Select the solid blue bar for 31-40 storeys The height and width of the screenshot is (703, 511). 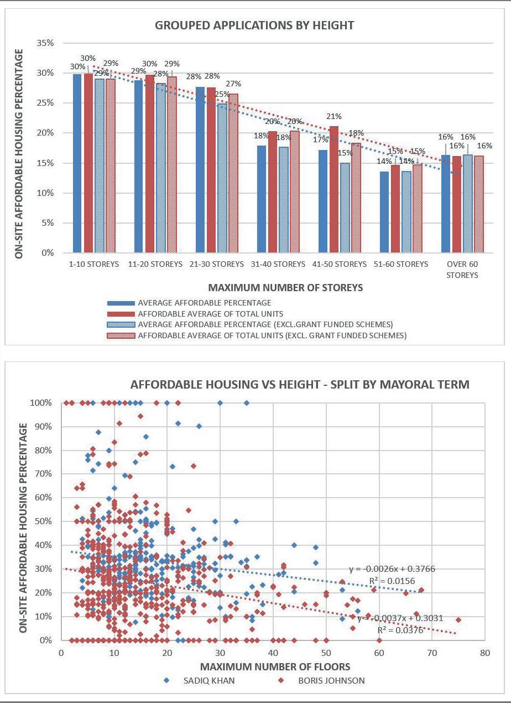tap(262, 199)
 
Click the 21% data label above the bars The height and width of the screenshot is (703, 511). tap(334, 117)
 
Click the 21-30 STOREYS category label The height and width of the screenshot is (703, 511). tap(216, 264)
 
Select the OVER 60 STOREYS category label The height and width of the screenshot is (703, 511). tap(462, 269)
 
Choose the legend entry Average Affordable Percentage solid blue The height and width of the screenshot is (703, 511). tap(205, 303)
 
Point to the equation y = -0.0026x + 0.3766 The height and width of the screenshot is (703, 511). tap(395, 569)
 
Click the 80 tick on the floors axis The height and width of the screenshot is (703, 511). tap(485, 653)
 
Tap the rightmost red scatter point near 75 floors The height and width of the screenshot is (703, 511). tap(458, 620)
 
